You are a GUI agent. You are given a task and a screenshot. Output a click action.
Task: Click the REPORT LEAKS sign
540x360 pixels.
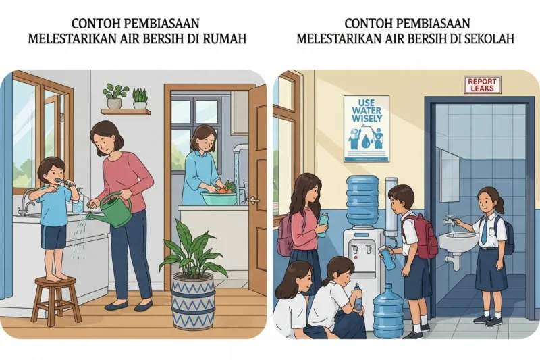[483, 84]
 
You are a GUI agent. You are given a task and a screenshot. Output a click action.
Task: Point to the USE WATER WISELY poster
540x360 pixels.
[366, 128]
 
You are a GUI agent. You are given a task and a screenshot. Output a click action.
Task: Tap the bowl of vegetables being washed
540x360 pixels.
[219, 197]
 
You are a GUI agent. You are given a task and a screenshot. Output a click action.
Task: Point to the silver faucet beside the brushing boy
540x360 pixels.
[28, 199]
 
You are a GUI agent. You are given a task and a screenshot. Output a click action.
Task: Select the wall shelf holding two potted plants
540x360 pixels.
[126, 111]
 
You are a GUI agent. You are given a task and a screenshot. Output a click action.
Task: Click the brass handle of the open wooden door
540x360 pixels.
[254, 200]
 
